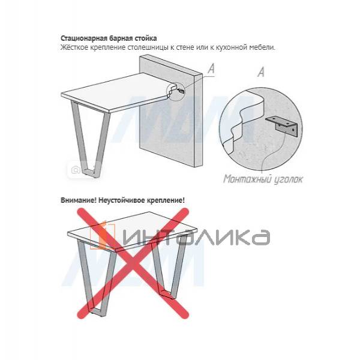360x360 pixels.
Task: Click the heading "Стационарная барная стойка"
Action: tap(105, 38)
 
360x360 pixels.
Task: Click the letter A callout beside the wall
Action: tap(211, 70)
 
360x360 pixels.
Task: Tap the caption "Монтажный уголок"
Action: tap(263, 178)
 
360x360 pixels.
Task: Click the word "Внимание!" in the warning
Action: tap(78, 200)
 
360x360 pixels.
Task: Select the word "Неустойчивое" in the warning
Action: tap(121, 200)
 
